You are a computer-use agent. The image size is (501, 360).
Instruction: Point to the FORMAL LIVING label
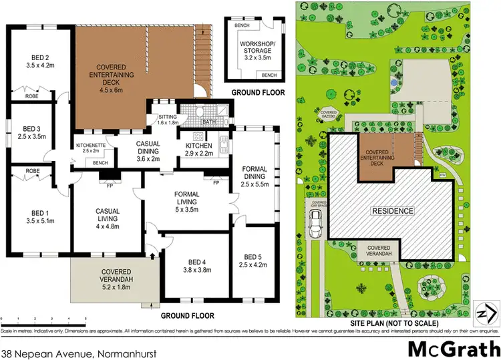coord(177,199)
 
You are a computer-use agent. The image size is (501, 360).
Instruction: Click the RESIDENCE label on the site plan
coord(393,211)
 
